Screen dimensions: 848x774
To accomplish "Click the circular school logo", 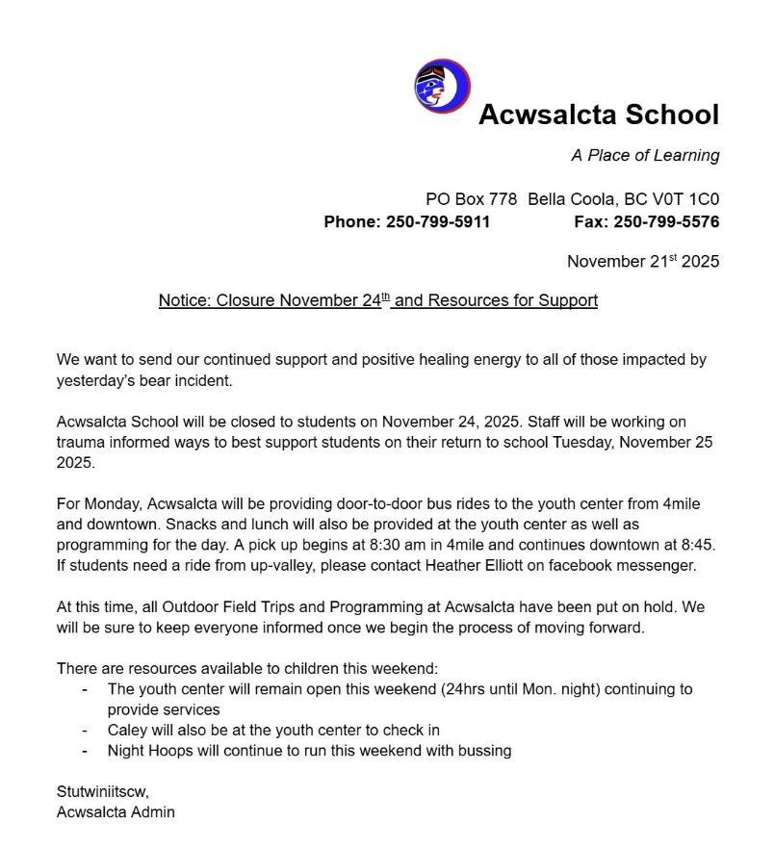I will [x=442, y=86].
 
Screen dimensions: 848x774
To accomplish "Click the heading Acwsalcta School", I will [x=598, y=115].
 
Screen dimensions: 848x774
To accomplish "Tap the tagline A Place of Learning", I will [x=645, y=155].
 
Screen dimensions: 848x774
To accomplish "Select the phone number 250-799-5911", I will [x=437, y=221].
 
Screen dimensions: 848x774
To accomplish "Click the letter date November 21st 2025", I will [x=642, y=261].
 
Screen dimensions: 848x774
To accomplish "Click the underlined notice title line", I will [x=377, y=300].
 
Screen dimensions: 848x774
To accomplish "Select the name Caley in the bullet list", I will [x=127, y=730].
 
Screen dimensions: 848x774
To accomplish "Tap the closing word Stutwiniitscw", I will [x=103, y=791].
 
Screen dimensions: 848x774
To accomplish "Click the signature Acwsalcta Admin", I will [x=116, y=811].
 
